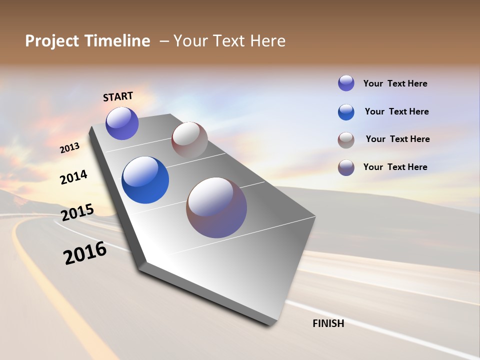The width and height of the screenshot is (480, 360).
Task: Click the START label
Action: tap(118, 96)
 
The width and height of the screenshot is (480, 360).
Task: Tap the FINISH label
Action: tap(328, 323)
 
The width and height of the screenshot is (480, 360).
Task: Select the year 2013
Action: tap(69, 148)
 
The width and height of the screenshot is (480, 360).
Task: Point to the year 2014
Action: tap(73, 177)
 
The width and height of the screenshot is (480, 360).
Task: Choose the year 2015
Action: tap(77, 212)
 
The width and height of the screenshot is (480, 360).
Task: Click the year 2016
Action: tap(85, 253)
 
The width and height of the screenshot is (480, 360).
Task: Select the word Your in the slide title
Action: tap(191, 41)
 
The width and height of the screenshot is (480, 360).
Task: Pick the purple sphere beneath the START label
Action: tap(122, 123)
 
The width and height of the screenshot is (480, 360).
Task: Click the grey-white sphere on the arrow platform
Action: tap(189, 139)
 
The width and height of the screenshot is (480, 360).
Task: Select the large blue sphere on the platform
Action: tap(145, 180)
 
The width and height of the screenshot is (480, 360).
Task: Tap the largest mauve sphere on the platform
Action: tap(216, 207)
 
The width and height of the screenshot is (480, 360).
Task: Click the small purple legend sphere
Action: tap(346, 83)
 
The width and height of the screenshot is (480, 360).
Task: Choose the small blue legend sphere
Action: tap(346, 112)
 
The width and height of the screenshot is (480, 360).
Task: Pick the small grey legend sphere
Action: tap(346, 140)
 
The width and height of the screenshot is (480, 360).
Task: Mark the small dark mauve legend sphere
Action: tap(346, 167)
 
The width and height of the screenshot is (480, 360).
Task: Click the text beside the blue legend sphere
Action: tap(396, 111)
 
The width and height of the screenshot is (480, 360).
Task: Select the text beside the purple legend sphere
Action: tap(395, 83)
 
